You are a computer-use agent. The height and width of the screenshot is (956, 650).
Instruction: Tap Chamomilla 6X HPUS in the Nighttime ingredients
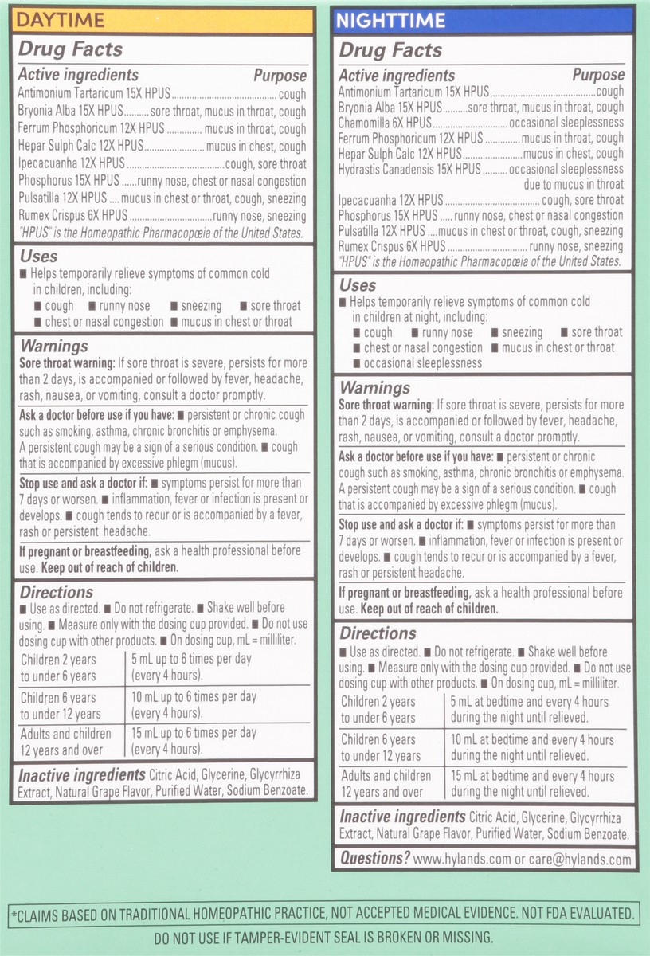(385, 123)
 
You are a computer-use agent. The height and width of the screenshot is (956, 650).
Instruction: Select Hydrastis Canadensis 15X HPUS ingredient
(409, 169)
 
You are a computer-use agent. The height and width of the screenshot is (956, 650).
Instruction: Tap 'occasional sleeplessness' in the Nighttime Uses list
(423, 362)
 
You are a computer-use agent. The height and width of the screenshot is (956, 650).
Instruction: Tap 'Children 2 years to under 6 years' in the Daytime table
(59, 668)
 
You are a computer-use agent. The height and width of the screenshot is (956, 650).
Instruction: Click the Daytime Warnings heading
(53, 347)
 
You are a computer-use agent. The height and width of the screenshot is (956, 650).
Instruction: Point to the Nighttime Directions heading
(378, 633)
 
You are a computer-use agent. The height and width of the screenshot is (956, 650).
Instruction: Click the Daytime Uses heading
(38, 257)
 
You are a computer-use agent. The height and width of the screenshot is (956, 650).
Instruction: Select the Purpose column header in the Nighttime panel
(598, 75)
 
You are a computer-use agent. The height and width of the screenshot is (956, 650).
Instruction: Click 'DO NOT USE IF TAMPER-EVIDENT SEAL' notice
(324, 937)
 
